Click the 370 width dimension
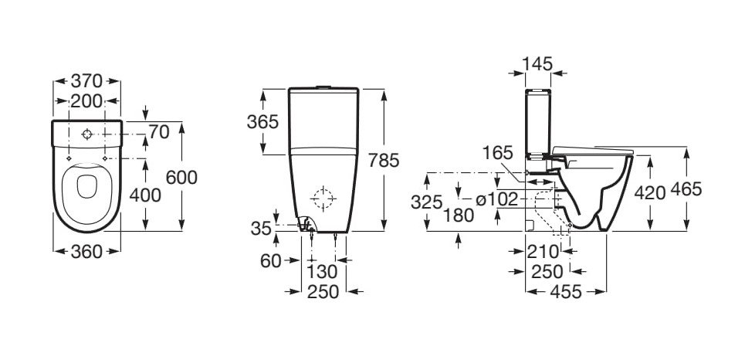point(86,81)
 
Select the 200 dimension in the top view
point(86,101)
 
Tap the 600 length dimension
point(181,178)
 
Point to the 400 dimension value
point(145,195)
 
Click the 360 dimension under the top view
point(86,252)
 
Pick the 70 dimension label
point(159,132)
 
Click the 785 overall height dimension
point(384,161)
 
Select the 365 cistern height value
point(262,122)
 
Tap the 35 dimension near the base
point(261,228)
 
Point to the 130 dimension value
point(322,272)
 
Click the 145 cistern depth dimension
point(537,63)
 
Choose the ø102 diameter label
point(496,200)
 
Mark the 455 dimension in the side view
point(566,291)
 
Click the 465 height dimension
point(686,189)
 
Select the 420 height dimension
point(650,193)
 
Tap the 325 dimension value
point(427,202)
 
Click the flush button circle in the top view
point(87,134)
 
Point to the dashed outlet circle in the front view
point(323,199)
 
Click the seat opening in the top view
point(87,186)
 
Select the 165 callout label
point(497,153)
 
